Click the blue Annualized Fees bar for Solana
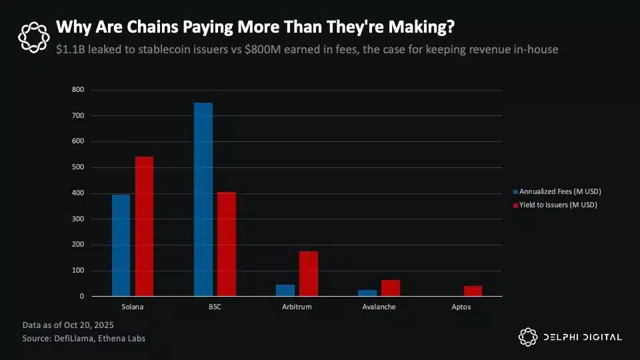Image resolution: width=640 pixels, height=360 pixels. (x=121, y=245)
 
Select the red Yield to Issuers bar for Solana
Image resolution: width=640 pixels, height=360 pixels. (x=144, y=227)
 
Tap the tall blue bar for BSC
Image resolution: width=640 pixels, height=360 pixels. (x=203, y=199)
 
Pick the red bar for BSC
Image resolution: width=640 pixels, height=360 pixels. (x=227, y=244)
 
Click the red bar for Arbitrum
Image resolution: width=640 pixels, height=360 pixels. (x=309, y=273)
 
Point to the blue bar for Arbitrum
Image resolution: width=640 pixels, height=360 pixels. (x=285, y=291)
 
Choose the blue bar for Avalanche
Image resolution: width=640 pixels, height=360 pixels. (x=367, y=293)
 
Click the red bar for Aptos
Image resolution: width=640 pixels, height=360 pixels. (x=473, y=291)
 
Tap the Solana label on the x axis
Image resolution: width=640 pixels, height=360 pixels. (x=132, y=307)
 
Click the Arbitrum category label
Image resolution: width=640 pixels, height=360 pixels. (x=297, y=307)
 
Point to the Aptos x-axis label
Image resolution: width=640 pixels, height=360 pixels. (x=461, y=307)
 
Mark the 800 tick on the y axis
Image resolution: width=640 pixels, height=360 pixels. (x=79, y=90)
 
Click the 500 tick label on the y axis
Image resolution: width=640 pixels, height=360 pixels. (x=79, y=167)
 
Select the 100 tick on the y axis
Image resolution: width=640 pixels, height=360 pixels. (x=79, y=271)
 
